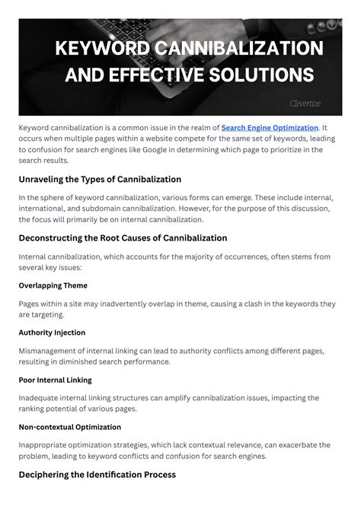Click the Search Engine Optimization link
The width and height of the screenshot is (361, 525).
[x=270, y=127]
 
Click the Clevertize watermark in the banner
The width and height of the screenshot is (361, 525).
[x=305, y=103]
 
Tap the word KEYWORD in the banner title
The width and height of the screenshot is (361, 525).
[x=103, y=48]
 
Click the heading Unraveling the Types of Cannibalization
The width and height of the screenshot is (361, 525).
[x=100, y=180]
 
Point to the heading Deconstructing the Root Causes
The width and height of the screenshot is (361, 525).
[x=123, y=238]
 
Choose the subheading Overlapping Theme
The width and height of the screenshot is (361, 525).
[x=53, y=285]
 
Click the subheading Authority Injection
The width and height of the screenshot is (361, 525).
[x=52, y=332]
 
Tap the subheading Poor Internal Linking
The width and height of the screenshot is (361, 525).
[x=55, y=380]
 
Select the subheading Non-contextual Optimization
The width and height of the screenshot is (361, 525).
[x=70, y=427]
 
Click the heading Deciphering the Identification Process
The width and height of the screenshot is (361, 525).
[x=97, y=474]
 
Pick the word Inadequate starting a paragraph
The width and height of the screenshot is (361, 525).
[x=42, y=398]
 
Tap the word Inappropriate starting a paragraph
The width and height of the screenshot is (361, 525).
[x=46, y=445]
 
